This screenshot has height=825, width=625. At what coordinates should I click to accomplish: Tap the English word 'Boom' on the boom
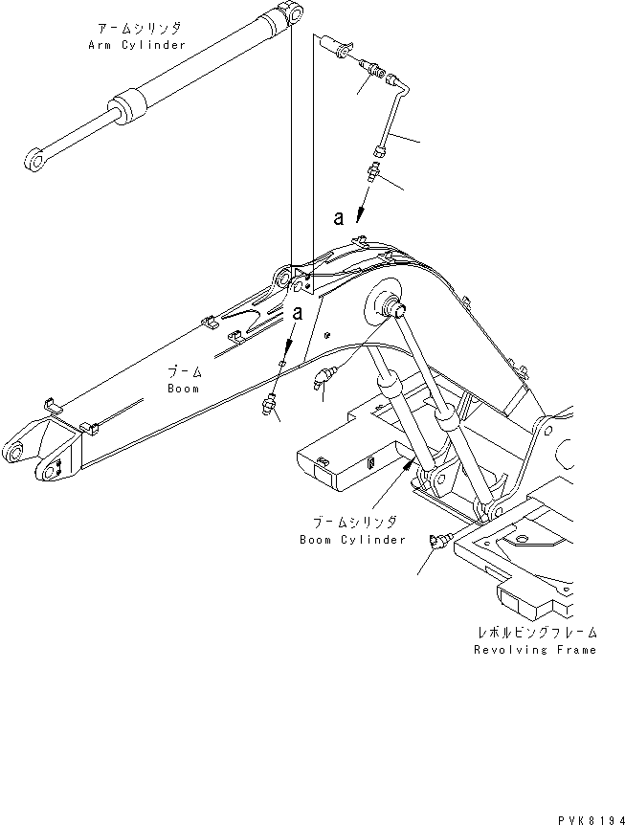pyautogui.click(x=183, y=389)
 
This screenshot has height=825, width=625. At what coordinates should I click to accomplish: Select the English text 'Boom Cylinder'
pyautogui.click(x=353, y=539)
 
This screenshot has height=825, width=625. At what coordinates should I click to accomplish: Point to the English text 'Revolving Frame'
pyautogui.click(x=535, y=650)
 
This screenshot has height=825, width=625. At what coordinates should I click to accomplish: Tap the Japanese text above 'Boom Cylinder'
pyautogui.click(x=354, y=523)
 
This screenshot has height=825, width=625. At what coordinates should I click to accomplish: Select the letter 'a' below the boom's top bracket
pyautogui.click(x=298, y=312)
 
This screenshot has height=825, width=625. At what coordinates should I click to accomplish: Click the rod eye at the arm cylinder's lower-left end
pyautogui.click(x=36, y=162)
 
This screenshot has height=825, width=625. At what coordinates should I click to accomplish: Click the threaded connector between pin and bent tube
pyautogui.click(x=375, y=71)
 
